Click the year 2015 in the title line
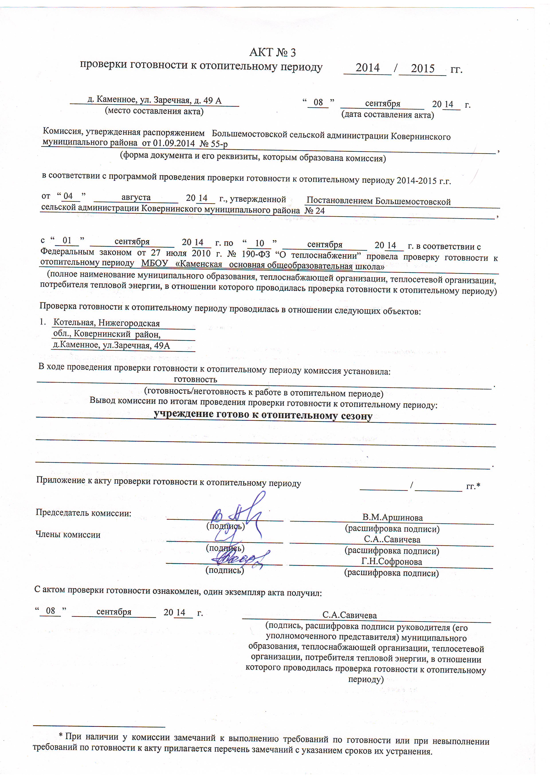coord(422,69)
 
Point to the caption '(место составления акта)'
coord(154,111)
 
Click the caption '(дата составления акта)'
coord(387,114)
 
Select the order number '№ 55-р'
coord(214,144)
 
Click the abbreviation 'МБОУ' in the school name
coord(155,263)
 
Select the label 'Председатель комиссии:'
coord(83,513)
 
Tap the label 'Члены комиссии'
coord(68,535)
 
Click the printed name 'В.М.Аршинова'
coord(392,517)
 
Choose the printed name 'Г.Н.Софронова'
coord(391,562)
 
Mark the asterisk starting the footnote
coord(61,736)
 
